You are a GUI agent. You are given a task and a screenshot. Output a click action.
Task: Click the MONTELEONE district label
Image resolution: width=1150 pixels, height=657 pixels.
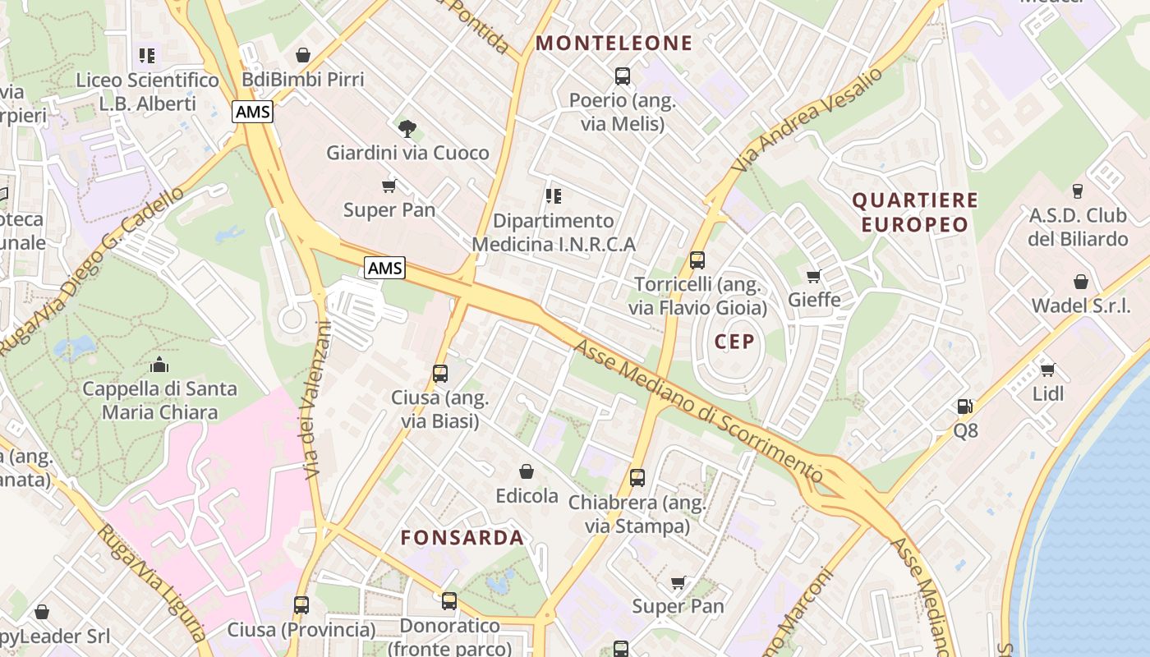pos(614,43)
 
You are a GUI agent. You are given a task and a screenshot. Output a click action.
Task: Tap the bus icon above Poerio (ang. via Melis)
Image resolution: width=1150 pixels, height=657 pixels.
pos(622,76)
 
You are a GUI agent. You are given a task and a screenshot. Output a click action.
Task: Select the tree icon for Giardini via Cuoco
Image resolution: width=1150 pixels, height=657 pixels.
pos(407,128)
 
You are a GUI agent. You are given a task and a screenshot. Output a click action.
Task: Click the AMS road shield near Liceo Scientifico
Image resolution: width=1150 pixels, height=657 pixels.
pos(252,112)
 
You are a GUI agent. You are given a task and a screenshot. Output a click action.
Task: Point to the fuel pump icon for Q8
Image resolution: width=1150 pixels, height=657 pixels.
pos(965,406)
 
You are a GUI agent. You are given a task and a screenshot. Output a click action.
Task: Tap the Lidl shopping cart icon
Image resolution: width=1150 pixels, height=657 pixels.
pos(1047,370)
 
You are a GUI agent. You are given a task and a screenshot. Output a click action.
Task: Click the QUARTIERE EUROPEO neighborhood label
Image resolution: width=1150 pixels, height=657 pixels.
pos(915,212)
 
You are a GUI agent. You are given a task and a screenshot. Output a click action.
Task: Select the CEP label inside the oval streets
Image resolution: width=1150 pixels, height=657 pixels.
pos(734,342)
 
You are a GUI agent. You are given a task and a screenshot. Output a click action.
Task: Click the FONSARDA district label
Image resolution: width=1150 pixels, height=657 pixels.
pos(462,538)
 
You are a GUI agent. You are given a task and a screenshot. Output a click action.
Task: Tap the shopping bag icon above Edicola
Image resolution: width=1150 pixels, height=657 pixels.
pos(527,471)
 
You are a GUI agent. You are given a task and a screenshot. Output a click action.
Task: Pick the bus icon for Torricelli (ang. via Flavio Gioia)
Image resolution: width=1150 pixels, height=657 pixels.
pos(697,260)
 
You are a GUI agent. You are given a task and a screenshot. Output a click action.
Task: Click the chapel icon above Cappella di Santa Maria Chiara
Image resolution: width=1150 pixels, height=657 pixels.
pos(159,365)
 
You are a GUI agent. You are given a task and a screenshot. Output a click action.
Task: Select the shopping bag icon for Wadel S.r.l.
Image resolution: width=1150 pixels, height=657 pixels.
pos(1080,282)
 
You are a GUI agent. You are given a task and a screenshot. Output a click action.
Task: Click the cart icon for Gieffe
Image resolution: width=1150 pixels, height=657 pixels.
pos(814,275)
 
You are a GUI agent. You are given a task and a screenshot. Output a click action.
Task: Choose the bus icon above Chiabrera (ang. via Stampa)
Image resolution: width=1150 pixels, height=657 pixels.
pos(637,477)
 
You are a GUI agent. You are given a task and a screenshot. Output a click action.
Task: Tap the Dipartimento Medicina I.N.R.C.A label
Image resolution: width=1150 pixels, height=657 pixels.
pos(554,232)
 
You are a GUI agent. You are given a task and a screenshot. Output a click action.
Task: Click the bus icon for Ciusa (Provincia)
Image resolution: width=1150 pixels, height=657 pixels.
pos(301,605)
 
